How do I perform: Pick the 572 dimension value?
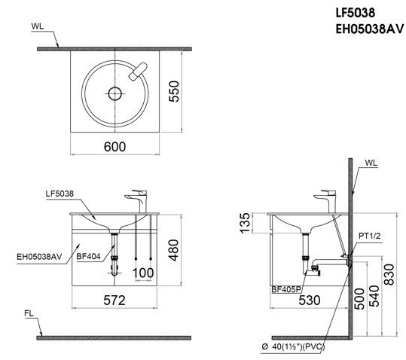[114, 300]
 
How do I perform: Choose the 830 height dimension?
[389, 279]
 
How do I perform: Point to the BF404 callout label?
[88, 256]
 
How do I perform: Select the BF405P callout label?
[286, 288]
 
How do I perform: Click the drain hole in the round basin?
[114, 94]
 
